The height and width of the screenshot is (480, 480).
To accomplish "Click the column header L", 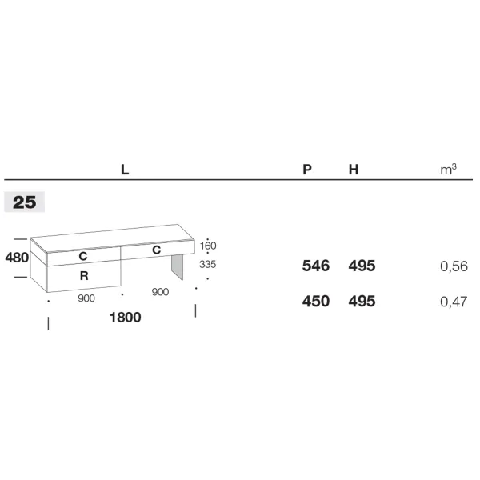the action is pos(125,170).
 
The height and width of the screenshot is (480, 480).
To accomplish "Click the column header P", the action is pos(307,170).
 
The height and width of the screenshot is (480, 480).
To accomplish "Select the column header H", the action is pos(354,170).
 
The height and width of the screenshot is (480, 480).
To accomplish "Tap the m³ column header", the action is pos(449,170).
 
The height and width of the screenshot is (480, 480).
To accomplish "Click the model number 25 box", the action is pos(25,202).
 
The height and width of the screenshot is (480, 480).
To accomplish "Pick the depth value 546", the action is pos(316,266).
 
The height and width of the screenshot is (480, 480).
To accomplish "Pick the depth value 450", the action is pos(316,302).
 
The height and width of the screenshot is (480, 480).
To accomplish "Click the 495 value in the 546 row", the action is pos(362,266).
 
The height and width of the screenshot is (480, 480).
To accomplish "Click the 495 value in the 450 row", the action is pos(362,302).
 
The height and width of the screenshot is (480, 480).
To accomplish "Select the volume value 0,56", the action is pos(454,266).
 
